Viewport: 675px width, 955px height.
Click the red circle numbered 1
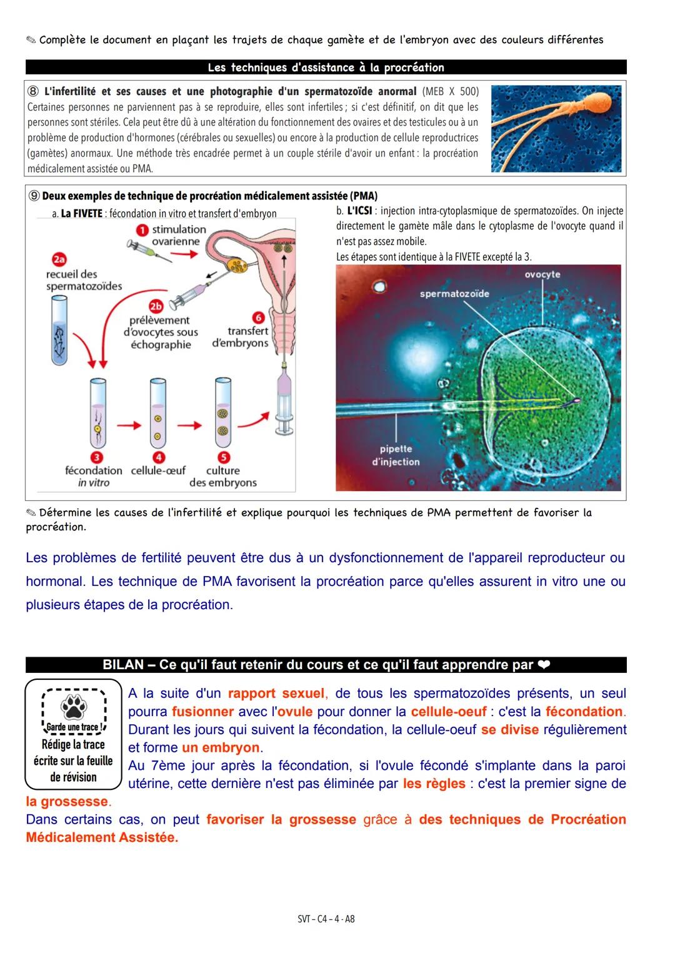click(x=142, y=230)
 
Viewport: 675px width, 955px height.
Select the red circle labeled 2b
click(x=156, y=306)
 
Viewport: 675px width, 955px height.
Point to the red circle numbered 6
click(x=257, y=318)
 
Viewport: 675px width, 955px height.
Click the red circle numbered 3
click(x=97, y=457)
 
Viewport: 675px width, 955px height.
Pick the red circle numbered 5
click(x=223, y=457)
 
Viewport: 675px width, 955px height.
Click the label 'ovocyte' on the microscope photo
click(x=542, y=275)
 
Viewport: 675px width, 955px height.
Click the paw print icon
click(x=73, y=707)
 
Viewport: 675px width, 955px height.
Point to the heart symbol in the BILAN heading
click(x=543, y=665)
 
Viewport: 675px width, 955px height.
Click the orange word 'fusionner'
click(x=202, y=712)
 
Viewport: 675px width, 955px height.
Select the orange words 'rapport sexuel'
click(x=276, y=694)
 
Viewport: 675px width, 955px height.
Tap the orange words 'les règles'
click(x=434, y=784)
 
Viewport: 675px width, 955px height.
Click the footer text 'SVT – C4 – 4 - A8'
click(x=326, y=919)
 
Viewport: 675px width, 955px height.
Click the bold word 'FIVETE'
click(x=81, y=213)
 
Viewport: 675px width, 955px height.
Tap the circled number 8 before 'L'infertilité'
click(x=34, y=91)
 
